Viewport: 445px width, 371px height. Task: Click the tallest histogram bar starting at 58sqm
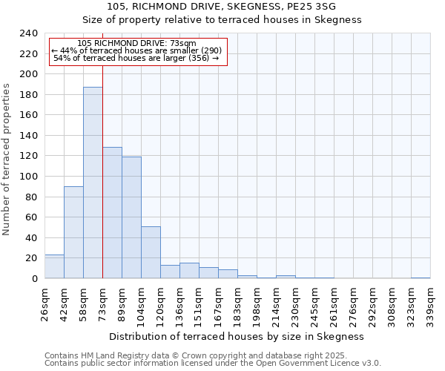pos(93,183)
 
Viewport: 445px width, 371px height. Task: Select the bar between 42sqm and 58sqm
pos(73,232)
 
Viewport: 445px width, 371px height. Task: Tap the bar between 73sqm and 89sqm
pos(112,213)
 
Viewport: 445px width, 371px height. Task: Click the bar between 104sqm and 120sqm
pos(151,252)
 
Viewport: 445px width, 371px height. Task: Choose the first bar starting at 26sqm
pos(54,266)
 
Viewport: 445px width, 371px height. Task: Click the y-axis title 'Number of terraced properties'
pos(7,159)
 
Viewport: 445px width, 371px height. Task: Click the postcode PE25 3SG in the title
pos(314,7)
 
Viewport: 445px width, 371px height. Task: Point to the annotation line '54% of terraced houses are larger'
pos(136,58)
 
